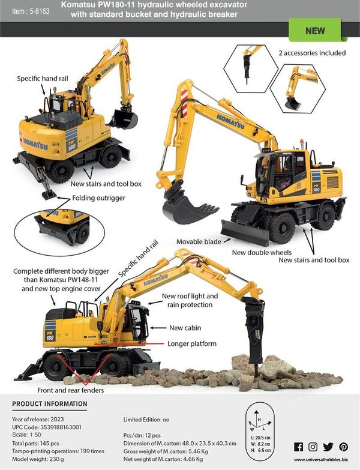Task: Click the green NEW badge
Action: [x=314, y=31]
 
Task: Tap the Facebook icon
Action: [x=298, y=447]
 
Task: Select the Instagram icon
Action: [x=313, y=447]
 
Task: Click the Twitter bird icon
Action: [x=328, y=447]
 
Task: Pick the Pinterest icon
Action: [x=343, y=447]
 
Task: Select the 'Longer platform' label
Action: [x=193, y=344]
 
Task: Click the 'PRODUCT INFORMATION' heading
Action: [x=50, y=404]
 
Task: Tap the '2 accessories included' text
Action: [x=312, y=53]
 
